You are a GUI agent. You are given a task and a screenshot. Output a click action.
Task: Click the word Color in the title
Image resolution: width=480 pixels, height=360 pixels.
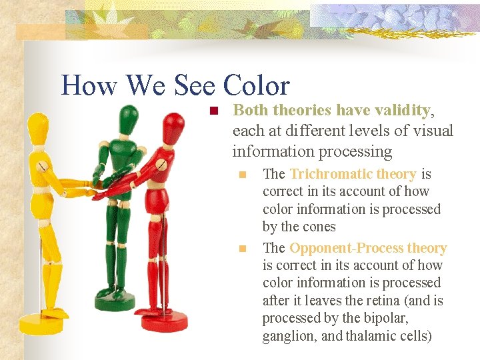pos(256,86)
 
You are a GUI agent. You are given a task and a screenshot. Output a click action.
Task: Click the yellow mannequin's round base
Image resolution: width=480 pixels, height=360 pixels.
pos(41,325)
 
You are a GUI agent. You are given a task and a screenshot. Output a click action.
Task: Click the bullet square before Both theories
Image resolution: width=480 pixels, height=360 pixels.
pos(213,111)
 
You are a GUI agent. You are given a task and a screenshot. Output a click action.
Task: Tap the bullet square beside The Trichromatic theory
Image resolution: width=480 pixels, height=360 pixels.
pos(243,175)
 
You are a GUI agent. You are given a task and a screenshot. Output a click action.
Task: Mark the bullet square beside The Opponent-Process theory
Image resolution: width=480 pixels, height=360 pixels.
pos(243,249)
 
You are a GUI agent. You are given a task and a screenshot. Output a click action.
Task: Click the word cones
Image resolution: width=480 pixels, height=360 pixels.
pos(317,227)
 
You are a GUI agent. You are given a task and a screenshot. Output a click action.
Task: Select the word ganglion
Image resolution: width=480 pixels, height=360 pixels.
pos(289,336)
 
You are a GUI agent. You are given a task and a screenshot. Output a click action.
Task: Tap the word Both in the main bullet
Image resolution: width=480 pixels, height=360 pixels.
pos(251,110)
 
